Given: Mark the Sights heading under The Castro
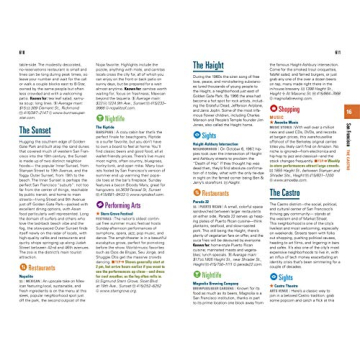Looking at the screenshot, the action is point(285,280).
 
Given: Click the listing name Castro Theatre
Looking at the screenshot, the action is point(281,289).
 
